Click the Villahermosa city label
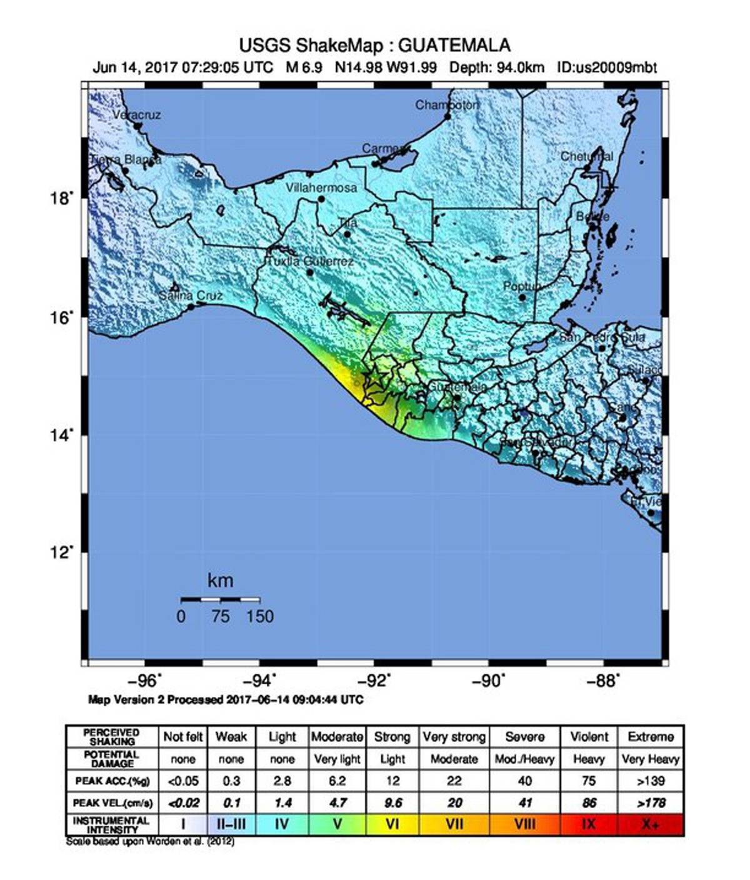[321, 187]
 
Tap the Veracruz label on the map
[137, 115]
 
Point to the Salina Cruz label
[191, 296]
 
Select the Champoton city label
[447, 105]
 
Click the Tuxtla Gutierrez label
[310, 261]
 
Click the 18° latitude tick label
[61, 199]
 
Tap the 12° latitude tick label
[61, 552]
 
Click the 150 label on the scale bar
[260, 617]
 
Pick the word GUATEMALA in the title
[454, 46]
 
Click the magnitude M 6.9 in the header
[304, 67]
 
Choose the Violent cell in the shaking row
[589, 737]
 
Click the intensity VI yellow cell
[392, 824]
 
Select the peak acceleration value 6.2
[337, 781]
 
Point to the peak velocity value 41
[525, 803]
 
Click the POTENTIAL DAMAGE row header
[112, 759]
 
